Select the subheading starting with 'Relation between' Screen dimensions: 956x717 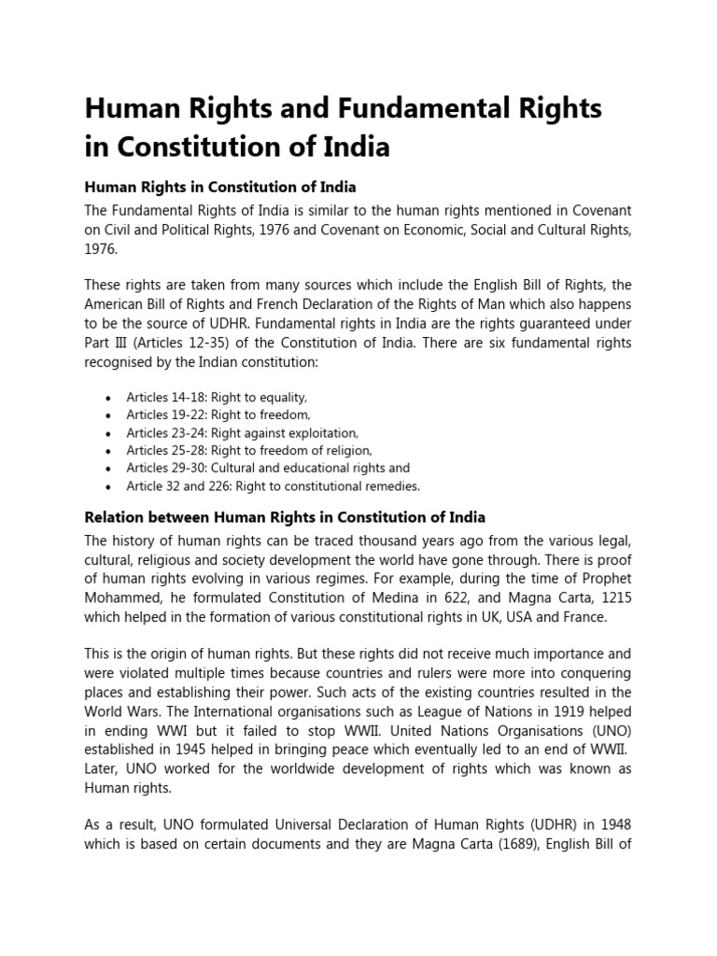point(285,516)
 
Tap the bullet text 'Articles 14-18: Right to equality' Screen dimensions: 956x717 point(217,397)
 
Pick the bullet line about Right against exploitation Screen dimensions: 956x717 point(242,432)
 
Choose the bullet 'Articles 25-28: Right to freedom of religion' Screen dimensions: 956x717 point(249,450)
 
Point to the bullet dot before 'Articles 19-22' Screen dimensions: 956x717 point(108,415)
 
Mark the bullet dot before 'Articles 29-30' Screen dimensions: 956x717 point(108,469)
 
